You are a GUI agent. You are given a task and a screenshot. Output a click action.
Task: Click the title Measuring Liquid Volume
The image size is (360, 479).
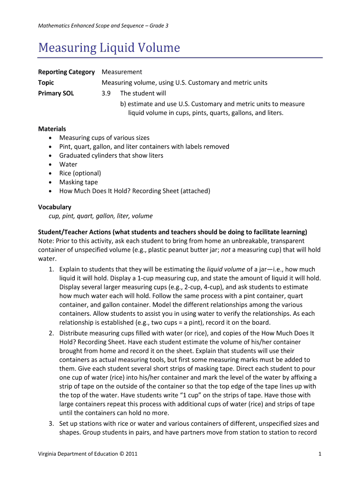108,48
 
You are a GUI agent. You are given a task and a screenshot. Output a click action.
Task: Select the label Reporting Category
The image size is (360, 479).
66,72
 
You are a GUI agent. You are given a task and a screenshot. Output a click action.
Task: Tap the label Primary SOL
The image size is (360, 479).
56,93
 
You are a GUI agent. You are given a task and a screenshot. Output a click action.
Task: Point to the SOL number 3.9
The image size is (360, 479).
106,93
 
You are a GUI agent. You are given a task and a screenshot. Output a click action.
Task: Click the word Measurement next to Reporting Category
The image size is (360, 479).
122,72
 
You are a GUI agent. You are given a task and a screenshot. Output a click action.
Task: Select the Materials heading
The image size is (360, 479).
52,129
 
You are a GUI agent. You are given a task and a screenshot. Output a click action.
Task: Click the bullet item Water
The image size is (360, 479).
68,164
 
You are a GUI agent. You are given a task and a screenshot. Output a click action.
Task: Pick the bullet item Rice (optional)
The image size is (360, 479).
80,173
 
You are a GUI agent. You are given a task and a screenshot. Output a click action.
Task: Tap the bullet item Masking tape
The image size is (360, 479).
79,182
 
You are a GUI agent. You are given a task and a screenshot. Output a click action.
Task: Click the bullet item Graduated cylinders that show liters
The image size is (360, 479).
111,155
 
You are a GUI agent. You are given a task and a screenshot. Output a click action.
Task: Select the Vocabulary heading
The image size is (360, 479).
54,207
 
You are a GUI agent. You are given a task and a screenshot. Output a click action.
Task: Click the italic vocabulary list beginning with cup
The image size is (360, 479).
101,216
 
